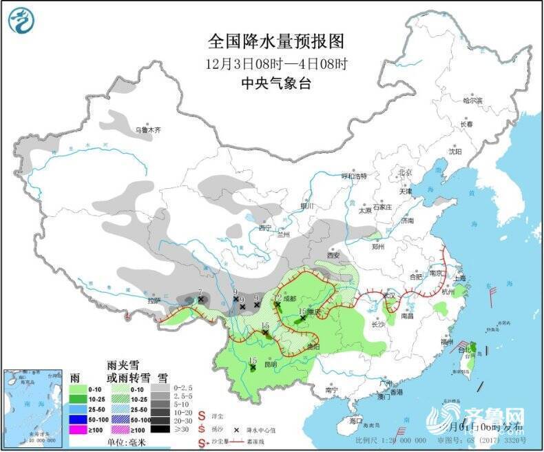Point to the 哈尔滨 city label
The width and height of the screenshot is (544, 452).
[x=472, y=101]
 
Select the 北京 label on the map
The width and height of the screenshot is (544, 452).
[x=404, y=172]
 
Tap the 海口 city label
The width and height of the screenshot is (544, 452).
[x=355, y=420]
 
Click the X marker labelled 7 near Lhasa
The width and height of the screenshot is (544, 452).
[x=200, y=300]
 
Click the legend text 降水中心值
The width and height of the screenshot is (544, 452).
[x=263, y=428]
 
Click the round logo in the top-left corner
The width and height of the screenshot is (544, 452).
[x=21, y=20]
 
